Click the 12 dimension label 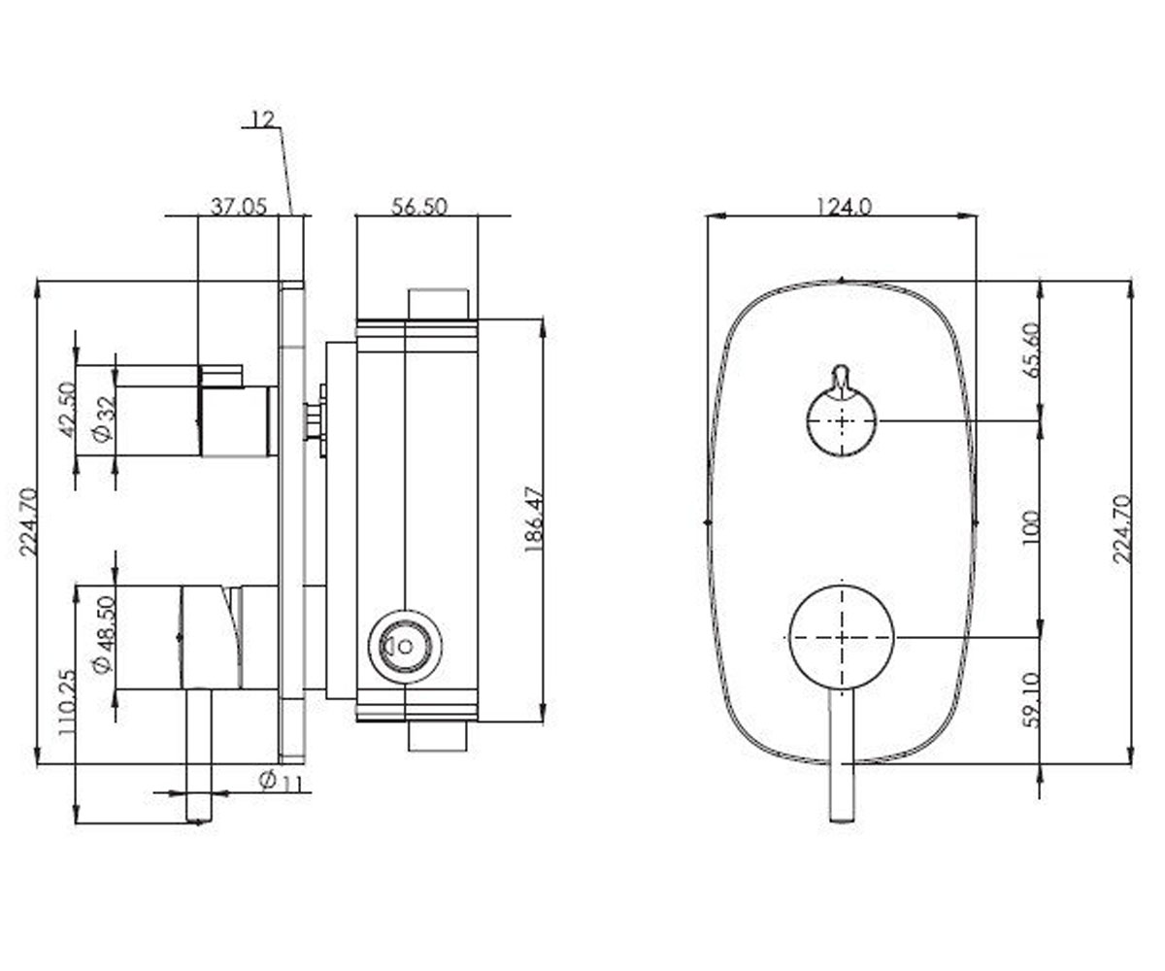263,119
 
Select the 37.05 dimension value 239,207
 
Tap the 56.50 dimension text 418,207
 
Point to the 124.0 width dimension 844,207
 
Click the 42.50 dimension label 68,410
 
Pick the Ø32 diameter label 104,419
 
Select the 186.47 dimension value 533,519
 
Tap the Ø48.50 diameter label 104,635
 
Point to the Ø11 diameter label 283,781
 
